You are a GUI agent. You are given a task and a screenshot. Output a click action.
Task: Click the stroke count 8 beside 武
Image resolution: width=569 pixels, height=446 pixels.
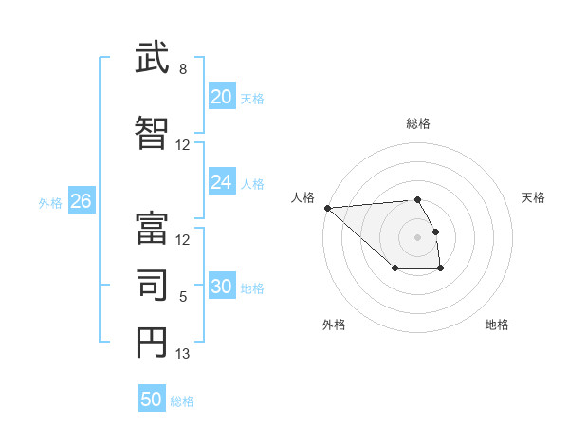(x=183, y=69)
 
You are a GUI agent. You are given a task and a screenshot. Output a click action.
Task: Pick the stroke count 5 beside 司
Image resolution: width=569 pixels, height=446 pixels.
(x=183, y=297)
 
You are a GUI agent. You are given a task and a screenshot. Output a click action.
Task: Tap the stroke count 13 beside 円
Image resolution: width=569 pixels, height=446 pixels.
(x=183, y=354)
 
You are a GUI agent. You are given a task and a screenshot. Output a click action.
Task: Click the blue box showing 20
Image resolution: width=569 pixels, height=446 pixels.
(x=221, y=97)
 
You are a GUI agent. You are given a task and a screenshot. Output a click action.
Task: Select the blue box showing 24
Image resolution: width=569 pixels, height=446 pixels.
(x=221, y=182)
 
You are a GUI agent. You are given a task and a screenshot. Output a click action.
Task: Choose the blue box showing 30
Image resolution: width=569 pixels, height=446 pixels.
(x=221, y=287)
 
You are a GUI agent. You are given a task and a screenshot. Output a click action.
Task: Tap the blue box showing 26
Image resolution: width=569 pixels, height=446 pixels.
(x=81, y=201)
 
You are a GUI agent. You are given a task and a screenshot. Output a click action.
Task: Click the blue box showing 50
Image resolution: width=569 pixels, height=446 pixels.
(x=152, y=400)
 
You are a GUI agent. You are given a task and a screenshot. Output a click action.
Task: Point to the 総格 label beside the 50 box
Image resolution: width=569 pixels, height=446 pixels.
(x=182, y=401)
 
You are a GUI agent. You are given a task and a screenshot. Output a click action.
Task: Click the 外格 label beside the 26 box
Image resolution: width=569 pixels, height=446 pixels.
(x=50, y=202)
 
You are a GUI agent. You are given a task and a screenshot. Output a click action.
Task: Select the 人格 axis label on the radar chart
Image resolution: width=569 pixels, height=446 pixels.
(x=303, y=197)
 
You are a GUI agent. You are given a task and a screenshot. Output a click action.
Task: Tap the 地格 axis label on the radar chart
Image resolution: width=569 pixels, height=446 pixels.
(x=497, y=325)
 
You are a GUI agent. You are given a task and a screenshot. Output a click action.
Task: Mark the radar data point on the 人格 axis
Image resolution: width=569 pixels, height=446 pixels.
(x=327, y=208)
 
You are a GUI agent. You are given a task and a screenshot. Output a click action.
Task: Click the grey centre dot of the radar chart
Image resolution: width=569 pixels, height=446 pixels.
(x=417, y=236)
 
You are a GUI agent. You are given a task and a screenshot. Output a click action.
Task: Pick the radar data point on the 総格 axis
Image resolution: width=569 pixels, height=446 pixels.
(x=417, y=199)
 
